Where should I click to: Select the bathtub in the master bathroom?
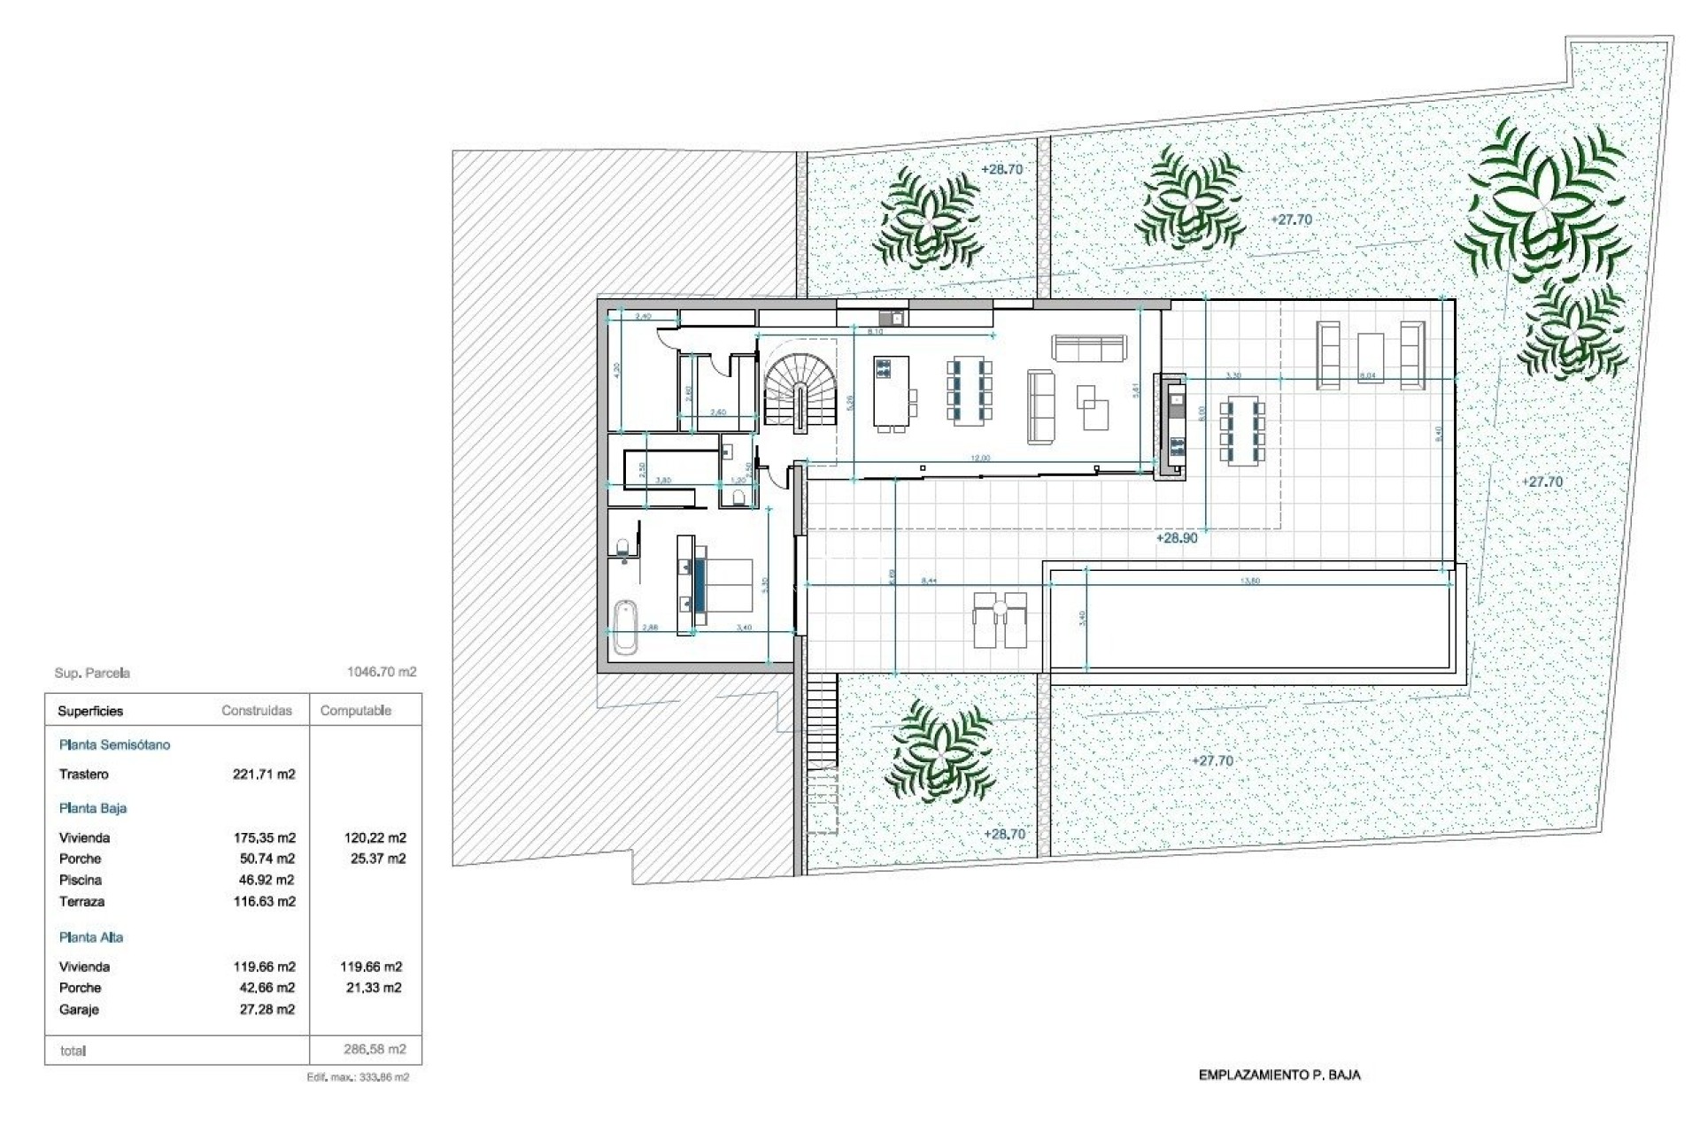click(x=625, y=626)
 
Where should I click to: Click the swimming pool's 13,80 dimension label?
click(x=1250, y=581)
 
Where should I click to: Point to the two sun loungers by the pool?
click(x=1001, y=619)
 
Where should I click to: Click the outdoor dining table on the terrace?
click(x=1241, y=432)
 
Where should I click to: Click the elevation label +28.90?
click(x=1176, y=538)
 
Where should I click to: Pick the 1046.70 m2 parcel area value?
click(x=382, y=672)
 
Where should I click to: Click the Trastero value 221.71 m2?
click(x=264, y=775)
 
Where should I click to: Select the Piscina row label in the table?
click(x=81, y=880)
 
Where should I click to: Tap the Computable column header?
click(x=355, y=711)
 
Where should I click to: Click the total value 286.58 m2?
click(x=375, y=1050)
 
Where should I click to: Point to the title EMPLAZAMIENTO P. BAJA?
click(x=1279, y=1075)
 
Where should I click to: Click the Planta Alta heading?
click(x=91, y=937)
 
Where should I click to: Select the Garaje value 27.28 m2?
click(x=267, y=1009)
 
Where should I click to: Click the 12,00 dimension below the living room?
click(x=980, y=459)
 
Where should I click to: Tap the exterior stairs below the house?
click(x=823, y=721)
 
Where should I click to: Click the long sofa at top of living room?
click(x=1089, y=348)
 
